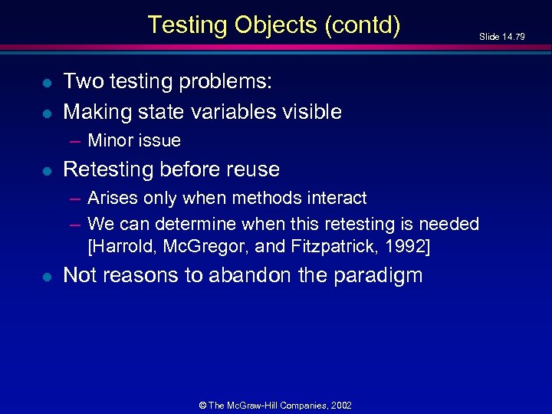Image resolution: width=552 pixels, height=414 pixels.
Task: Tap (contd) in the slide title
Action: click(x=363, y=25)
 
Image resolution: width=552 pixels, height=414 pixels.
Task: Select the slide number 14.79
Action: click(x=513, y=37)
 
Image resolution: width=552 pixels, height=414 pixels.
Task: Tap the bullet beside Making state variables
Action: click(x=47, y=113)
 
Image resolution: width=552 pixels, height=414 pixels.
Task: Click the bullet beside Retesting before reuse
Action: click(x=47, y=169)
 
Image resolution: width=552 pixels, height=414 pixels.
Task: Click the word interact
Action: click(x=335, y=198)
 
